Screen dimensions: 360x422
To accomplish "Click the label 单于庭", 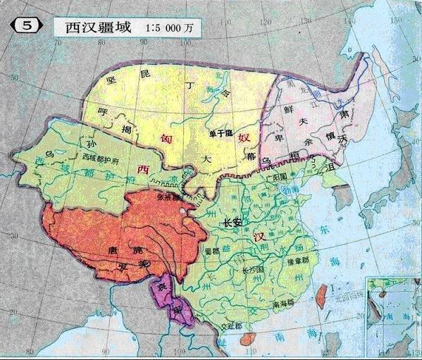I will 220,133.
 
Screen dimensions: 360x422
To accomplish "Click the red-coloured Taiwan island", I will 324,289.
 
